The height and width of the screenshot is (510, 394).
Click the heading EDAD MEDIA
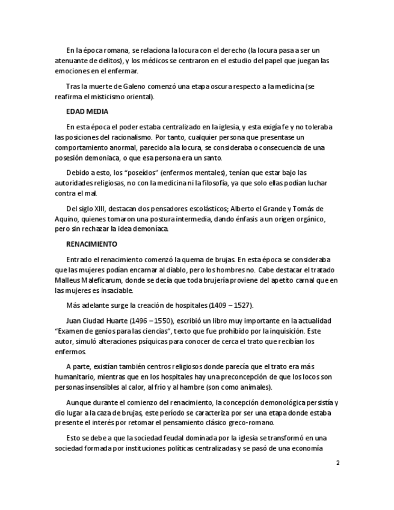(x=87, y=112)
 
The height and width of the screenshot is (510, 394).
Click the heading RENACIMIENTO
(x=91, y=244)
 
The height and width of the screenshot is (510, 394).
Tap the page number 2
(x=337, y=463)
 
